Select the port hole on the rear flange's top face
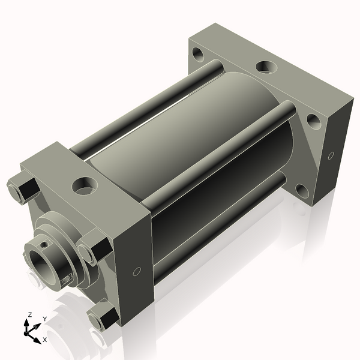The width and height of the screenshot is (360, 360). tap(264, 67)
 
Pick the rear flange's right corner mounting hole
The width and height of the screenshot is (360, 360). tap(313, 121)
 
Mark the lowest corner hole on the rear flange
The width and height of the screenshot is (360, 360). tap(302, 191)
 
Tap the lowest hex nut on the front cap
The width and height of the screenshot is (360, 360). tap(102, 316)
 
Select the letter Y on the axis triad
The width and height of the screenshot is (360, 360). tap(44, 319)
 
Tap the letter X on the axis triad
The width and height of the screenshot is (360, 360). tap(44, 340)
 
